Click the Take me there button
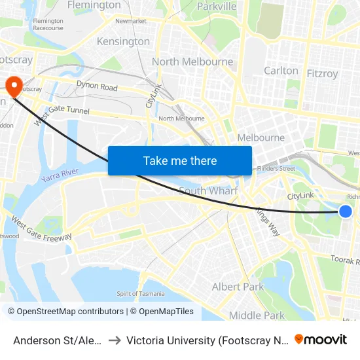(179, 160)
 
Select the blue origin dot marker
(346, 211)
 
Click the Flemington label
(94, 5)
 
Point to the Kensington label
(123, 41)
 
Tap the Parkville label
(216, 6)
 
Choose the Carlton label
(281, 70)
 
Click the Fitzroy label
(322, 73)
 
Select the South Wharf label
(208, 191)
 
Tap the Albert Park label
(238, 287)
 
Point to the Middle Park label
(257, 315)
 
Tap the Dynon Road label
(97, 86)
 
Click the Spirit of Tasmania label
(140, 293)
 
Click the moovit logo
(320, 339)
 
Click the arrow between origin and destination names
(114, 340)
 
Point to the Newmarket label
(130, 21)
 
